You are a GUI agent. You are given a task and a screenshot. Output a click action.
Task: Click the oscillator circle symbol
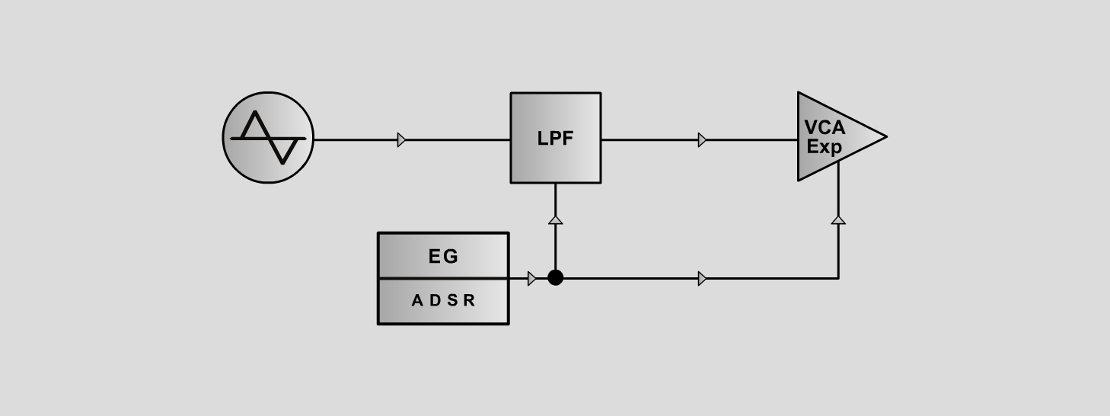coord(268,137)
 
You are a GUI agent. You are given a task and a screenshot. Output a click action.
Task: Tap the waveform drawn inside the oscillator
coord(268,138)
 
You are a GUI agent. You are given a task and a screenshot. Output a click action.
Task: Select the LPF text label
coord(555,139)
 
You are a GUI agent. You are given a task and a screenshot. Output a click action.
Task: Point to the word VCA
coord(825,127)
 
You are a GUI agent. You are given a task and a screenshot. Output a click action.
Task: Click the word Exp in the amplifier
coord(824,147)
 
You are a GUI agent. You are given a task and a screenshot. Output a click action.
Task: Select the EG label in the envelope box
coord(443,256)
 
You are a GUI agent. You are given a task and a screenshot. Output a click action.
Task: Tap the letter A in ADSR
coord(417,300)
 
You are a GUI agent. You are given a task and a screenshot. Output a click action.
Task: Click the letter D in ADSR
coord(435,300)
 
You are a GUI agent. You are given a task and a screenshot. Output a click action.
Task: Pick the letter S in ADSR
coord(452,300)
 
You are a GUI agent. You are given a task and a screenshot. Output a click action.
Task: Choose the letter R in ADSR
coord(469,300)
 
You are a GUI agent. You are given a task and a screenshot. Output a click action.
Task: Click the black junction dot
coord(556,277)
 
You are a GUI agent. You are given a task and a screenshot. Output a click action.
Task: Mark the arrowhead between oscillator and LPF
coord(401,140)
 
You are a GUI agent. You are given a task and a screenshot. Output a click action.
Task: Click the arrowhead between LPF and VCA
coord(702,140)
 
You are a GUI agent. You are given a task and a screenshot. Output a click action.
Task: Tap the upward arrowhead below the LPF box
coord(556,220)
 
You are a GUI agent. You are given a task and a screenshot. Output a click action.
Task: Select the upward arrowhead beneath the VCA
coord(838,220)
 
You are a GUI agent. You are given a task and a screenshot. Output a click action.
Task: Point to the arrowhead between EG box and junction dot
coord(531,279)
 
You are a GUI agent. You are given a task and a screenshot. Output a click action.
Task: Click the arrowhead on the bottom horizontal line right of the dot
coord(702,279)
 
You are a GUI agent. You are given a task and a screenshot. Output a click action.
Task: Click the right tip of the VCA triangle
coord(887,136)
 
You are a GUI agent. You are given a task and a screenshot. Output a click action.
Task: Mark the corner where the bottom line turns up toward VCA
coord(838,279)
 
